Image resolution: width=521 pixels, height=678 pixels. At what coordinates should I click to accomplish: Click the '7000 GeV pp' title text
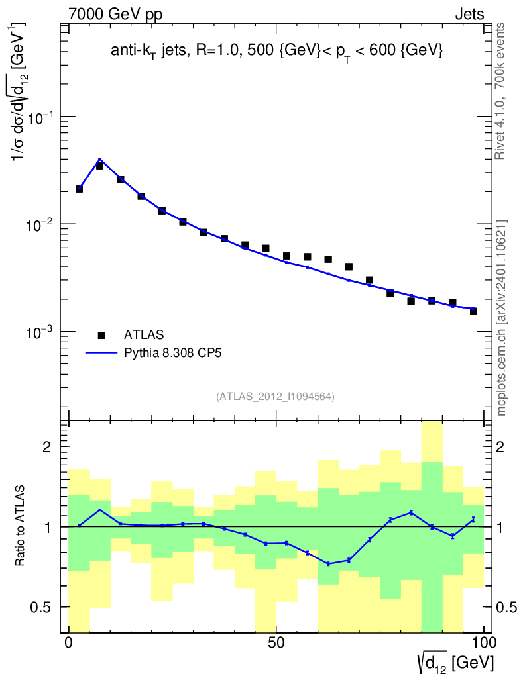pyautogui.click(x=115, y=15)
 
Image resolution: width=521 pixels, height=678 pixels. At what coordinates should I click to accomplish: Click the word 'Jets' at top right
pyautogui.click(x=469, y=15)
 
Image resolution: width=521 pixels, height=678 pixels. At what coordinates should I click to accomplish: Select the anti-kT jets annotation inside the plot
pyautogui.click(x=276, y=51)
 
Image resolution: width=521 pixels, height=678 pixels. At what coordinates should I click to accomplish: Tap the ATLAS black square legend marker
pyautogui.click(x=102, y=334)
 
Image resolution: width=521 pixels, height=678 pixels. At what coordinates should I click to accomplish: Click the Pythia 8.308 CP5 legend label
pyautogui.click(x=173, y=353)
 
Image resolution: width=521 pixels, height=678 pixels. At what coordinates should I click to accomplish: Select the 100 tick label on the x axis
pyautogui.click(x=483, y=643)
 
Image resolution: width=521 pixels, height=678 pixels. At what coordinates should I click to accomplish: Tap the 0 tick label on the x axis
pyautogui.click(x=69, y=643)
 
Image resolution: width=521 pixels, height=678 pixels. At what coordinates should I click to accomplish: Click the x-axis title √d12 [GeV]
pyautogui.click(x=456, y=661)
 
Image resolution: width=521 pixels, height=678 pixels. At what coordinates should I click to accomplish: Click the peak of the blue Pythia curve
pyautogui.click(x=99, y=160)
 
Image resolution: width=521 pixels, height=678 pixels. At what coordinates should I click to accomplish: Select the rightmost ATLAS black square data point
pyautogui.click(x=473, y=311)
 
